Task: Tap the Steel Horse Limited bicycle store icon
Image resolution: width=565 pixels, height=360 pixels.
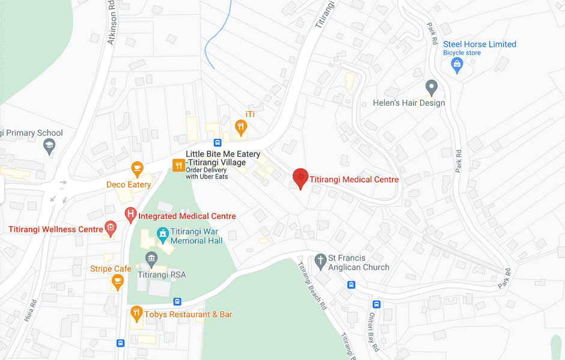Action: (x=457, y=64)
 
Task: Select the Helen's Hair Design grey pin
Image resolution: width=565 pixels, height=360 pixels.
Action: (x=431, y=87)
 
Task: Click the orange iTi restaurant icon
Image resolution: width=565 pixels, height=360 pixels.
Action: (x=240, y=126)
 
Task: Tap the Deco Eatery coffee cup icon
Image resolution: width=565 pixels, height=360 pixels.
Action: (x=137, y=169)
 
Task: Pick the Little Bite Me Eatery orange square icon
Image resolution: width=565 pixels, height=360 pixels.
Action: (x=178, y=165)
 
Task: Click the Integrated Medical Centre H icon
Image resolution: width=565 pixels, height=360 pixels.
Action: (x=130, y=215)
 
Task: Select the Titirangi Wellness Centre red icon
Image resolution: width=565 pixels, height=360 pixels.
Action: (x=110, y=228)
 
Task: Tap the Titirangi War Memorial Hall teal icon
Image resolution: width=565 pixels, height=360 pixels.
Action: (x=162, y=234)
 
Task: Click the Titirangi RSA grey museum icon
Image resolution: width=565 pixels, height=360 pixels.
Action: (x=151, y=259)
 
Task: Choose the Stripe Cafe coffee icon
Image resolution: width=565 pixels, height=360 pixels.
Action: (x=117, y=281)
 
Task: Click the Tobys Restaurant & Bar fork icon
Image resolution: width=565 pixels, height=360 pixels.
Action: (x=136, y=313)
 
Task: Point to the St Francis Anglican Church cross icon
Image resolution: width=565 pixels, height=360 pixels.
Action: (x=321, y=260)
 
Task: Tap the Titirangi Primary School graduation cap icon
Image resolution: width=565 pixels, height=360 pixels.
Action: (x=49, y=145)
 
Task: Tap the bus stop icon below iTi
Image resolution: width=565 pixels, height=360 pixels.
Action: (x=218, y=143)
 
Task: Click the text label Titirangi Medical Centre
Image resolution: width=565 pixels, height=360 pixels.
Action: (x=353, y=179)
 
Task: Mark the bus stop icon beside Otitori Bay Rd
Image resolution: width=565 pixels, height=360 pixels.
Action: (x=376, y=304)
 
